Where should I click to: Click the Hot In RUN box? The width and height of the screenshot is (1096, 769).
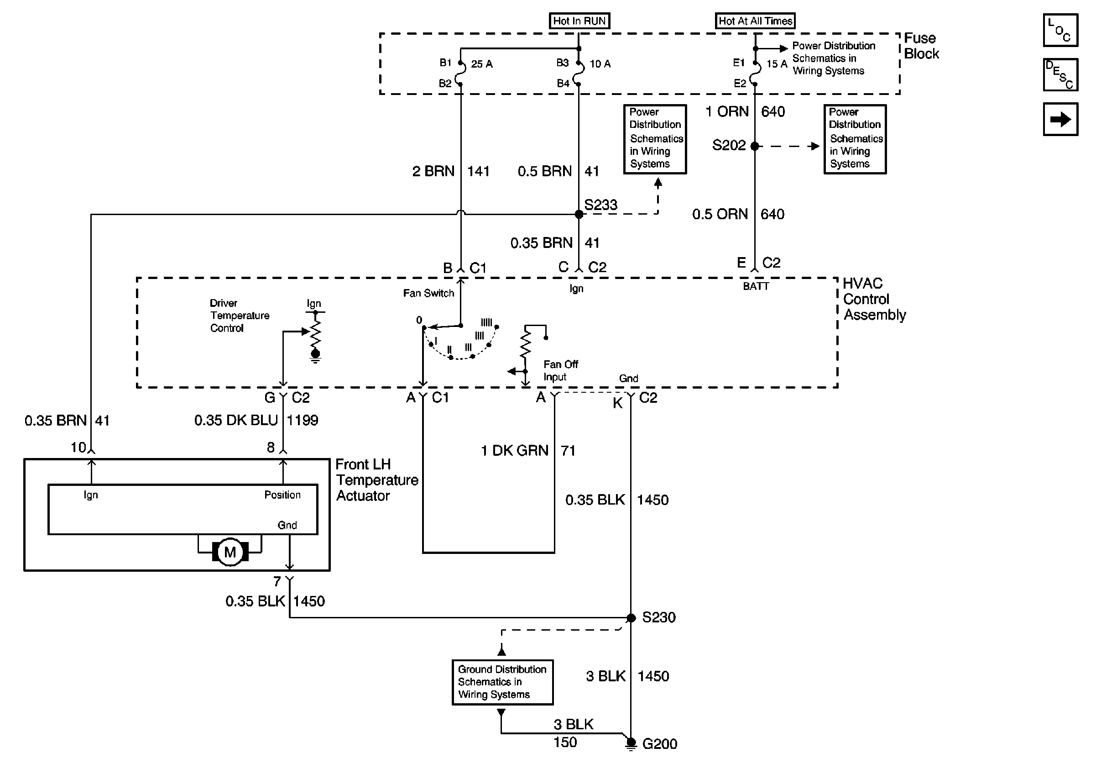[579, 21]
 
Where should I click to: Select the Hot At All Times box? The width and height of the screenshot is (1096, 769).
[755, 21]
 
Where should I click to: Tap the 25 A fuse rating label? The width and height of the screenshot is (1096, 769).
[482, 64]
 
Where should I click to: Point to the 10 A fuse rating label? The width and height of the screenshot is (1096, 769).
[600, 64]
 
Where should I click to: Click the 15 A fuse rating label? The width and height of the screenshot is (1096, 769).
[777, 64]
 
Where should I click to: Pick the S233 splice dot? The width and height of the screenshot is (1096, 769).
[579, 215]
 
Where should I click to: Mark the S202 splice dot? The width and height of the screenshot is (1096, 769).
[755, 146]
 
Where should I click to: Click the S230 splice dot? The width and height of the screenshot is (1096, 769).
[631, 618]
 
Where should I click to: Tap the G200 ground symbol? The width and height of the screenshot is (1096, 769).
[631, 744]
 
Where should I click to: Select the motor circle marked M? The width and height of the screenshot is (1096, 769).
[230, 552]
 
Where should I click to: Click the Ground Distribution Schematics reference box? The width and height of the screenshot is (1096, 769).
[502, 682]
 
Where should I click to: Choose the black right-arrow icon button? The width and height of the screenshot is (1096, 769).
[1060, 119]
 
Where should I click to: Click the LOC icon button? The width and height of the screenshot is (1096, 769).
[1060, 31]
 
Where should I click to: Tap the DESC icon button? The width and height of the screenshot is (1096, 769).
[1060, 75]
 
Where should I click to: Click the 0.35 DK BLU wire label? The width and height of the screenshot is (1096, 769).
[236, 420]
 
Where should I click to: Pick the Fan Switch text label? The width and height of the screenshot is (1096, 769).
[428, 293]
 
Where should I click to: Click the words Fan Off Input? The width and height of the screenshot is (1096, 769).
[560, 371]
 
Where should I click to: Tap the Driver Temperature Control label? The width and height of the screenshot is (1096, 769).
[240, 316]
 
